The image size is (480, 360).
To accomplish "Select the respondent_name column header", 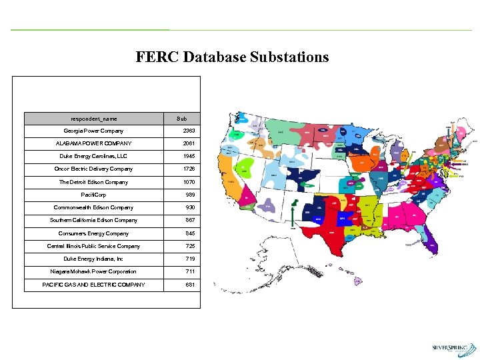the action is tap(93, 118).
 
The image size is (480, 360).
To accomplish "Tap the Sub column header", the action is tap(181, 118).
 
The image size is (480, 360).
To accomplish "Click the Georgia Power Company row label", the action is tap(93, 131).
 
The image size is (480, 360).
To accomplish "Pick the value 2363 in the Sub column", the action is tap(190, 131).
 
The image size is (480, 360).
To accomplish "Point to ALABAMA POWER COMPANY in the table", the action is tap(93, 143).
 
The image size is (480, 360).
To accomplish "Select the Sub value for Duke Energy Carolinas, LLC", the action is tap(190, 156).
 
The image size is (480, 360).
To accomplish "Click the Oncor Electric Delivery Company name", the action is tap(93, 169).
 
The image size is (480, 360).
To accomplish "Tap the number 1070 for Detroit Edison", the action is tap(190, 182).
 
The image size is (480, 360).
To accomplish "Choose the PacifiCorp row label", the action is tap(93, 195).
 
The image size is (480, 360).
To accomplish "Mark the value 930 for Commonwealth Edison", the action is tap(190, 207).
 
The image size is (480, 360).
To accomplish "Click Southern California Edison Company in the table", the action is tap(93, 220).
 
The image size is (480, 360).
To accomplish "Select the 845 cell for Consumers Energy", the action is tap(190, 233).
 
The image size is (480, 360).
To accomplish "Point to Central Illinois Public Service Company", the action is tap(93, 246).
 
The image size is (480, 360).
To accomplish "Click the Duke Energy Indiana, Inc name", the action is tap(93, 259).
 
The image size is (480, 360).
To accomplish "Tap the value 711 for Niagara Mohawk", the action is tap(190, 271).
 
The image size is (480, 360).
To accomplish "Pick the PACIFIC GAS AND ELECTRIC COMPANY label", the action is tap(93, 285).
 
